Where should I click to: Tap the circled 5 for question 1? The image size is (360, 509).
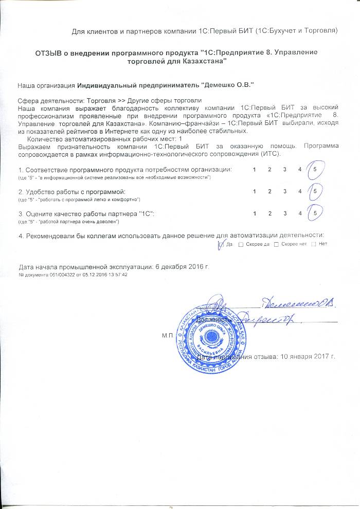pos(314,169)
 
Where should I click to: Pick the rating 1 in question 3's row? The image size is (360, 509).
pos(255,213)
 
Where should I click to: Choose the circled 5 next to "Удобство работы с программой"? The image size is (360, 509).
pos(314,191)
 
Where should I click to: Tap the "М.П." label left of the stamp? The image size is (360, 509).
pos(168,335)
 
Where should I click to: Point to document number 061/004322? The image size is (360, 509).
pos(63,275)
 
